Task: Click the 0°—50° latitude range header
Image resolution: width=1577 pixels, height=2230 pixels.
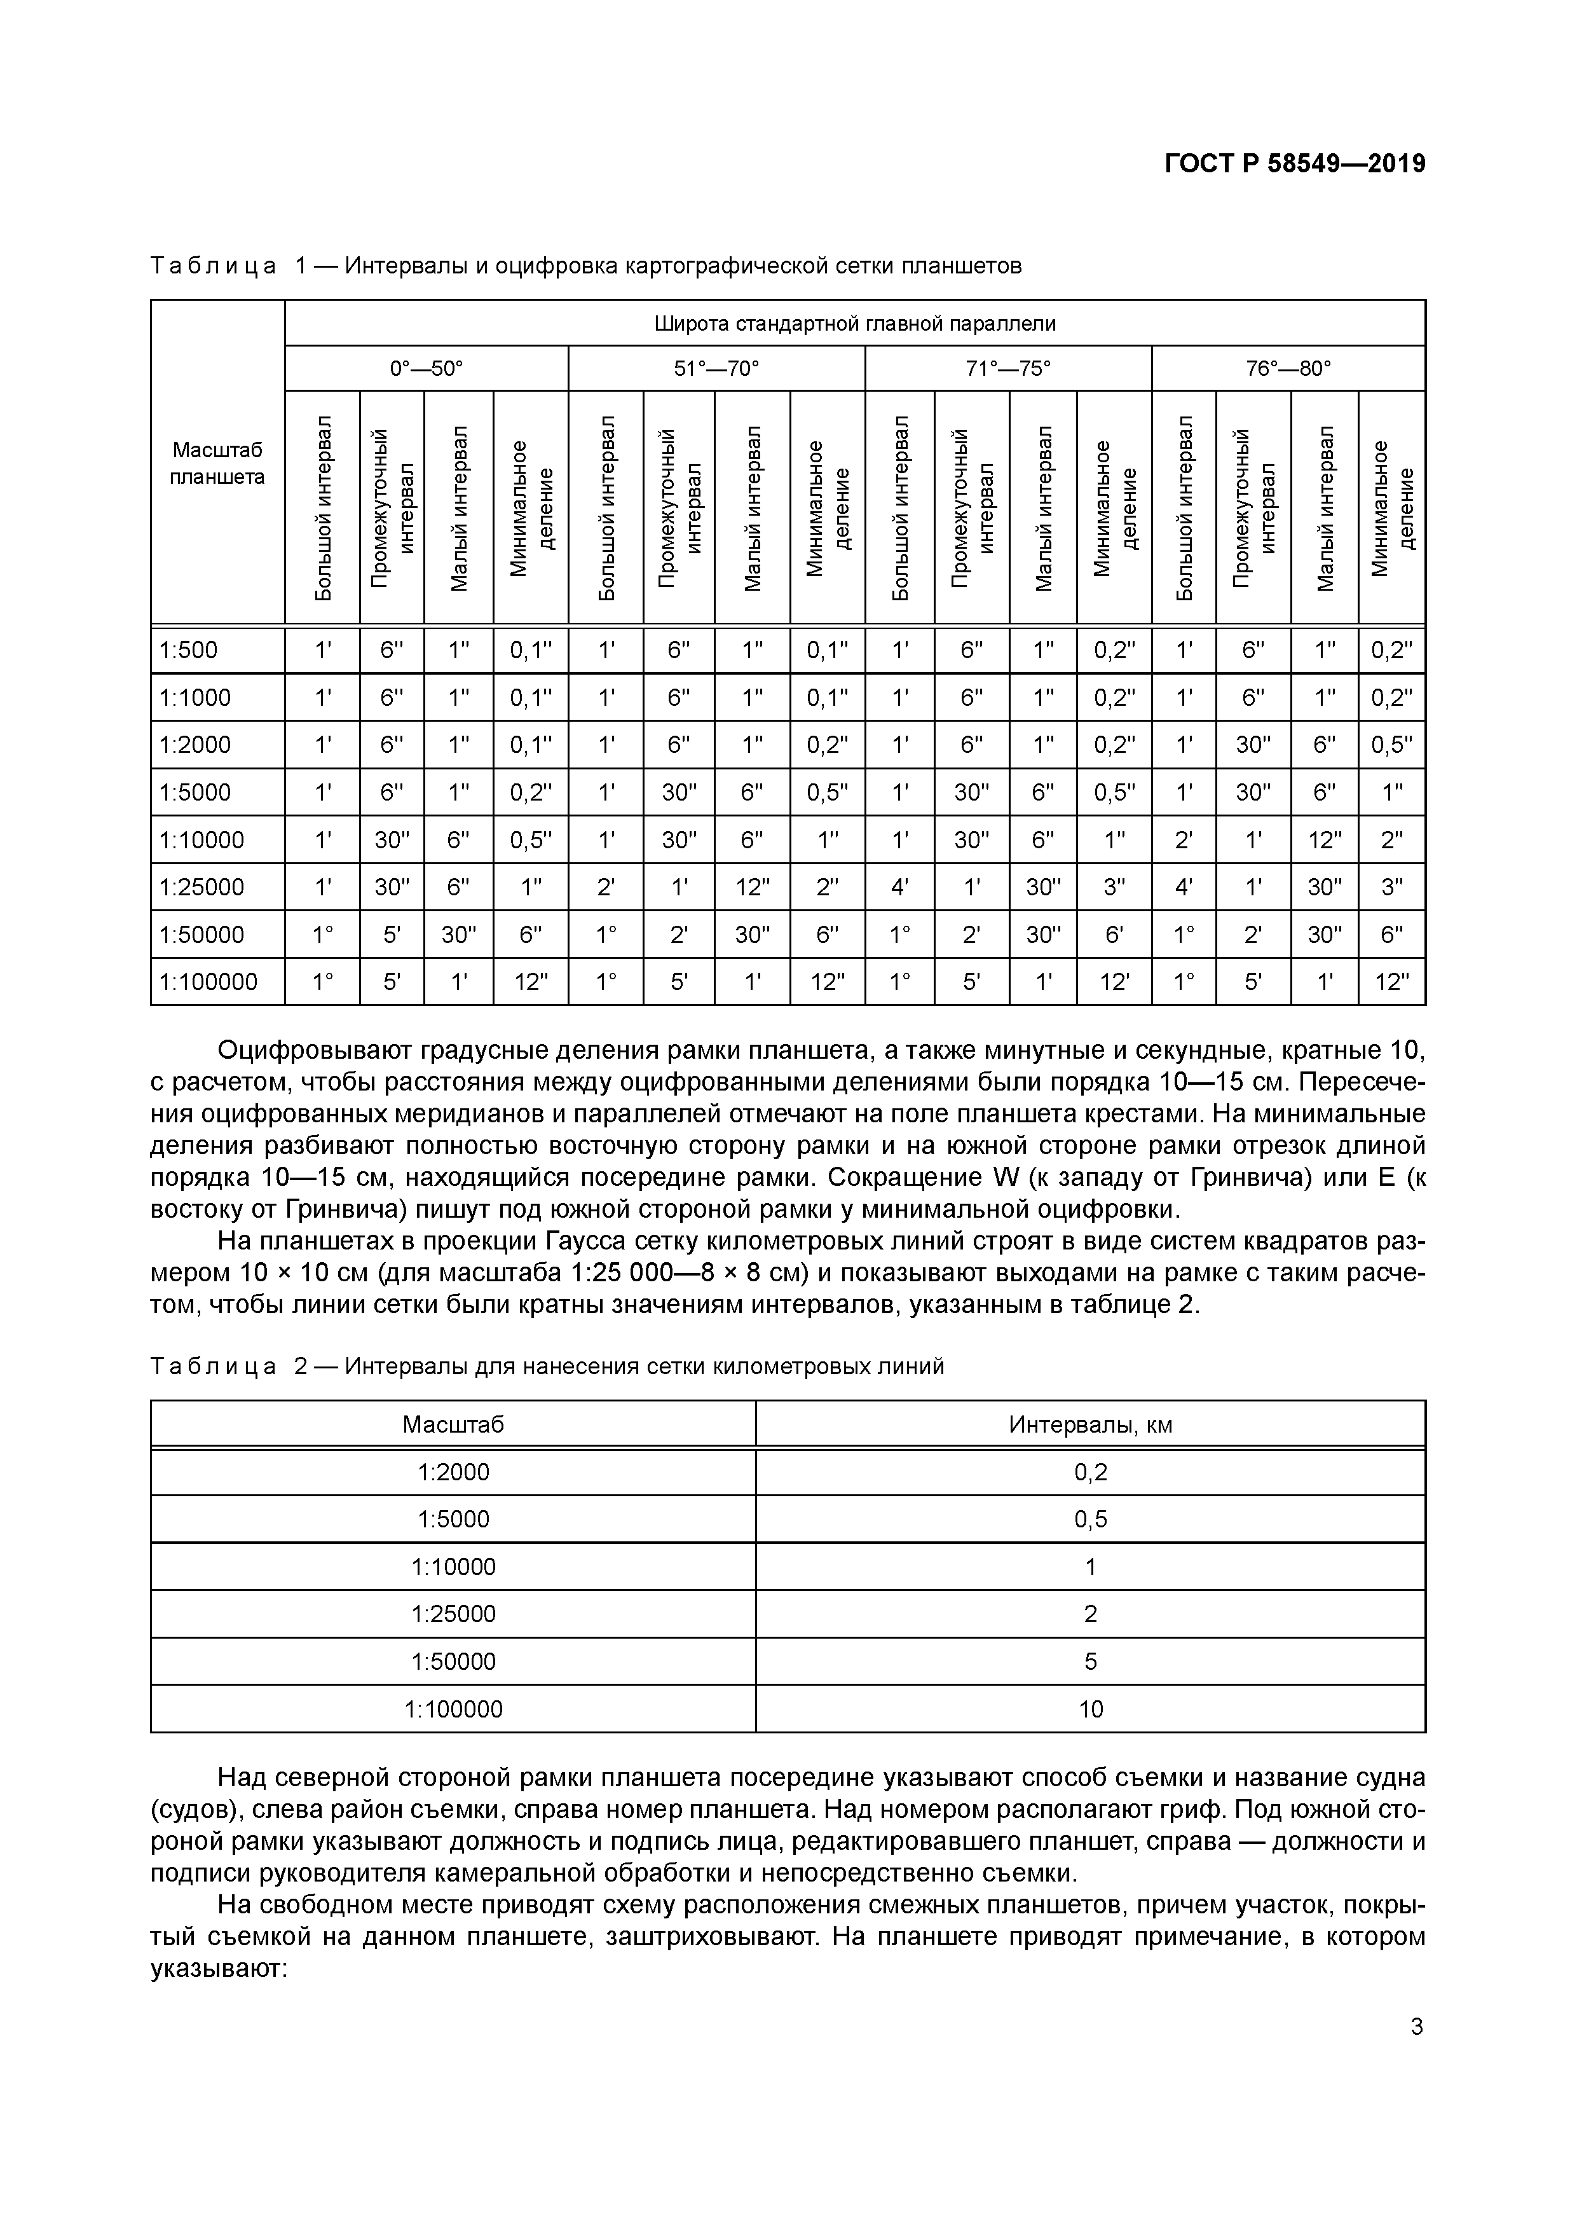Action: point(427,369)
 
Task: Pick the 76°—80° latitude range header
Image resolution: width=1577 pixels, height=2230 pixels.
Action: point(1288,369)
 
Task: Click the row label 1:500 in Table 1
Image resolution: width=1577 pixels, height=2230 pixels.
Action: point(189,650)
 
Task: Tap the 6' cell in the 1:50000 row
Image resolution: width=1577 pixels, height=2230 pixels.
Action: point(1114,934)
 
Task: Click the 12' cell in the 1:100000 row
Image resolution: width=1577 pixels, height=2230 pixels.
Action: point(1114,982)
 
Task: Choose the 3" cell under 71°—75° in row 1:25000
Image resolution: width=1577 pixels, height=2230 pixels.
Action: point(1114,887)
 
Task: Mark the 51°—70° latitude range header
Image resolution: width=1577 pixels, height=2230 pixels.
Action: point(716,369)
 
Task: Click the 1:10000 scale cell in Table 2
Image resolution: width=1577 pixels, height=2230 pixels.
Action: point(453,1567)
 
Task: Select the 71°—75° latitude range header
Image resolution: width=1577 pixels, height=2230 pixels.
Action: point(1008,369)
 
